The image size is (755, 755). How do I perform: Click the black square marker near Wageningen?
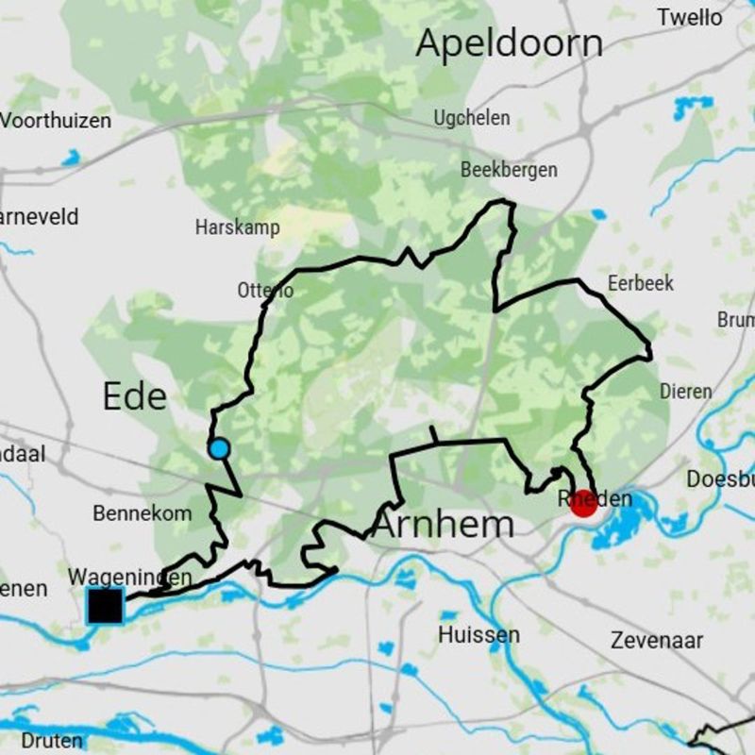click(105, 605)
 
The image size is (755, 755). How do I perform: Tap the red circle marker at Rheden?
click(583, 502)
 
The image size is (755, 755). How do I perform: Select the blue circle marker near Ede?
click(219, 448)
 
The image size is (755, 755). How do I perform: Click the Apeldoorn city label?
click(509, 43)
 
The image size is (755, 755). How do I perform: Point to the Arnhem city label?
click(444, 525)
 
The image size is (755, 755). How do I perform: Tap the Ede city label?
click(134, 396)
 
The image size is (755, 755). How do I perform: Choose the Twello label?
click(690, 17)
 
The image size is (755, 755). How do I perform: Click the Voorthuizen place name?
click(56, 121)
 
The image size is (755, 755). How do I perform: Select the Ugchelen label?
click(472, 118)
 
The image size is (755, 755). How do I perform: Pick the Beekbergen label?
click(509, 170)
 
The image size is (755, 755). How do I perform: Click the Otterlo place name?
click(265, 291)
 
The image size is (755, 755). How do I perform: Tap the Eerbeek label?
click(641, 283)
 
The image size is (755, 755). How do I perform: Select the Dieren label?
click(686, 391)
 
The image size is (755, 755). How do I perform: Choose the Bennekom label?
click(143, 513)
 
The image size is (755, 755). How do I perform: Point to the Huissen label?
click(478, 635)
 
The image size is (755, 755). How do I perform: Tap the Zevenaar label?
click(656, 641)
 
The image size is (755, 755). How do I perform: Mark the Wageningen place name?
click(129, 577)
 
